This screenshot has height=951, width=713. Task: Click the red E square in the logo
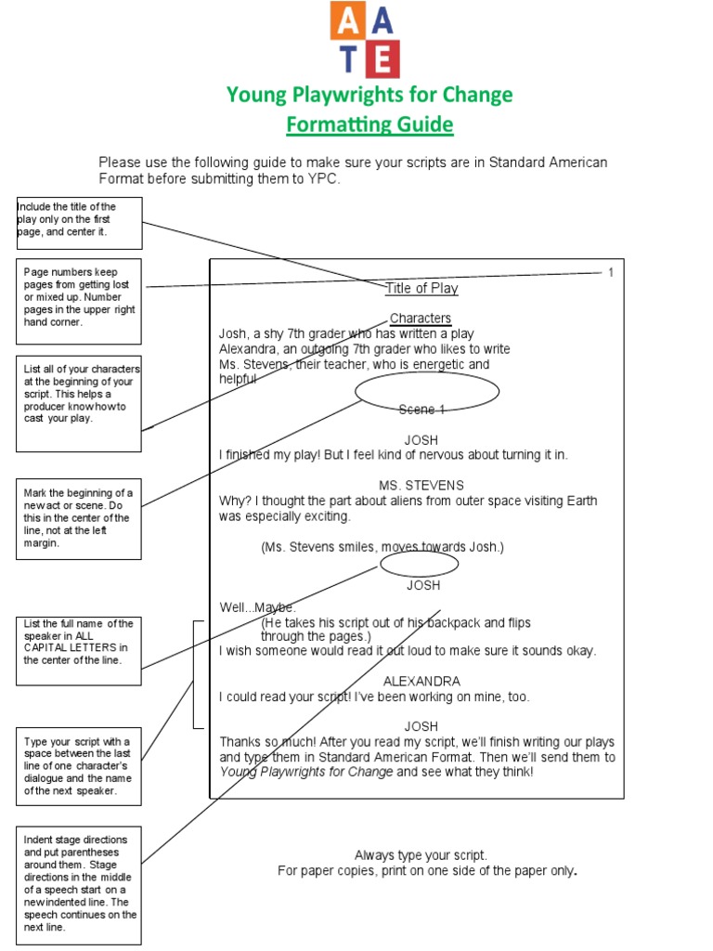tap(382, 59)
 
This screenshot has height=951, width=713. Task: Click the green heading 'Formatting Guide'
tap(369, 124)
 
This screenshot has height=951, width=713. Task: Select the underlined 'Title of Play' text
tap(421, 288)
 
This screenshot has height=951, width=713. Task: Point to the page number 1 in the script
tap(611, 272)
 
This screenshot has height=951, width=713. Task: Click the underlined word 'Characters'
tap(421, 318)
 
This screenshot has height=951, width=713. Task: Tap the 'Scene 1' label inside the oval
tap(422, 410)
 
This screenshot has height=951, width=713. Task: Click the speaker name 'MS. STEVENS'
tap(421, 485)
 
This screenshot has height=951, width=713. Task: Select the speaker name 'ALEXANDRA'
tap(421, 681)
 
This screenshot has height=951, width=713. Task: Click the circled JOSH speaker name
tap(422, 585)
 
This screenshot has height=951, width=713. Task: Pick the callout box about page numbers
tap(79, 302)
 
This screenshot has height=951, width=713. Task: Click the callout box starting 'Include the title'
tap(79, 223)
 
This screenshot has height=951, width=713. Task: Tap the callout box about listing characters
tap(79, 403)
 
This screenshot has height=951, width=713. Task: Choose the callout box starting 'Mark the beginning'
tap(79, 517)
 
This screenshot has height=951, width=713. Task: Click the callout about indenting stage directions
tap(79, 883)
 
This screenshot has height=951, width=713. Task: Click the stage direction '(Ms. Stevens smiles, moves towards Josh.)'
tap(382, 547)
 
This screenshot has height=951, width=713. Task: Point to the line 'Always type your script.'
tap(421, 854)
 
